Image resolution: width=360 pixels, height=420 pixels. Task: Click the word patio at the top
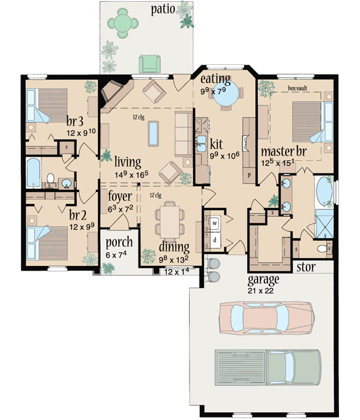click(166, 10)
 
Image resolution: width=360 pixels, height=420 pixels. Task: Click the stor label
click(307, 266)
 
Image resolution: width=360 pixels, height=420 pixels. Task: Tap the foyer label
click(120, 197)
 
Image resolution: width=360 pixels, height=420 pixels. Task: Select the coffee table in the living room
click(154, 133)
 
